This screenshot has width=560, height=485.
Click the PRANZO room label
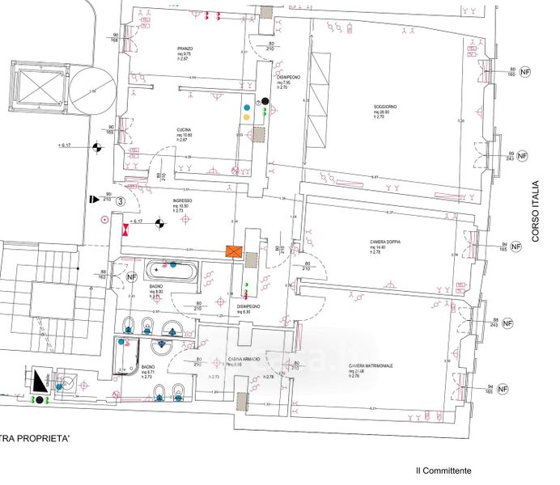(x=185, y=49)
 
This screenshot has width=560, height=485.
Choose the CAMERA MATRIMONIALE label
(x=371, y=366)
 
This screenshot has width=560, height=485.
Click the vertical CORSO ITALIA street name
(x=535, y=210)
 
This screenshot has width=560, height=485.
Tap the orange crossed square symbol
(x=234, y=252)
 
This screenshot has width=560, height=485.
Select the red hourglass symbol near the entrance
(x=125, y=229)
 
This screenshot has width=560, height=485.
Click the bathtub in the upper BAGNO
(x=170, y=269)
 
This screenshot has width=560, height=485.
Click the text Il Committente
(x=443, y=470)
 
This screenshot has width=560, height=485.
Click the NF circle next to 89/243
(x=522, y=155)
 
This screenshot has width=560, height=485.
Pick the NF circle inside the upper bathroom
(x=132, y=276)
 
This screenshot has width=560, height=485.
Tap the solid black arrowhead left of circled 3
(x=94, y=197)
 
